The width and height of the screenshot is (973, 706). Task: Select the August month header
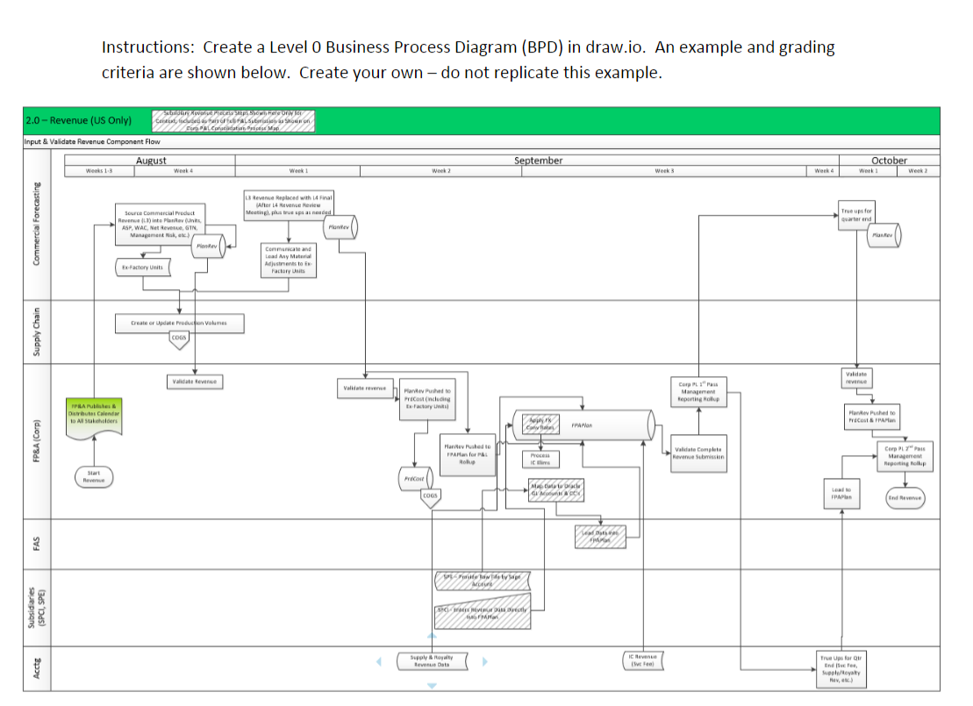(151, 160)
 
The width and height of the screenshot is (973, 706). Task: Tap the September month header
(538, 160)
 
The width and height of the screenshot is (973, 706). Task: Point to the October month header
(889, 160)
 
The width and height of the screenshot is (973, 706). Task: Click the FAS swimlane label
(37, 544)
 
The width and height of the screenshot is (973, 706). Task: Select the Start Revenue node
(93, 477)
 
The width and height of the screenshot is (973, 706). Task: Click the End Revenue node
(904, 497)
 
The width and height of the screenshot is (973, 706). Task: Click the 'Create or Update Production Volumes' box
(178, 323)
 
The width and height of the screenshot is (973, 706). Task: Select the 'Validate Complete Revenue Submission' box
(698, 453)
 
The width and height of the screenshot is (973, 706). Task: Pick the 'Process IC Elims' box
(540, 460)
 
